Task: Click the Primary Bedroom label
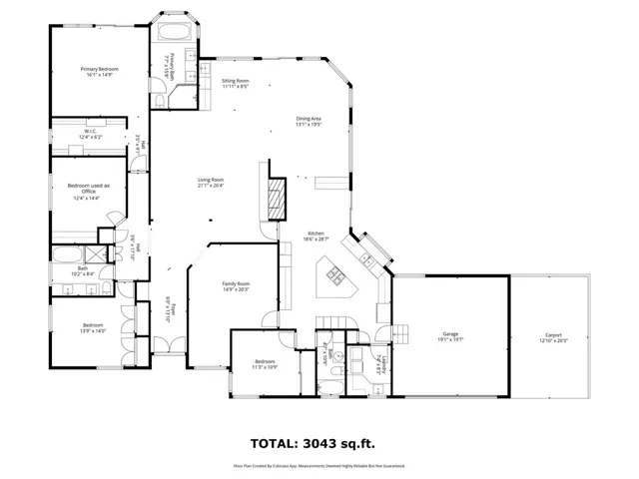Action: (97, 71)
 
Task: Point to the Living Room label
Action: (210, 182)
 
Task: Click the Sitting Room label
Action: (236, 83)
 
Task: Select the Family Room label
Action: (236, 286)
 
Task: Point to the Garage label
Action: (450, 337)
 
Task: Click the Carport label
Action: (553, 337)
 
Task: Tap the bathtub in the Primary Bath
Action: (176, 32)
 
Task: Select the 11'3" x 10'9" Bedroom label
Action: (265, 364)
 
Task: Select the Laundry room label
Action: (379, 362)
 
